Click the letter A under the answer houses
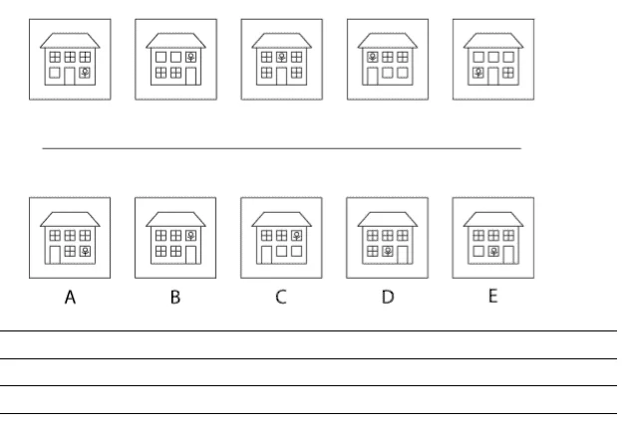coord(70,297)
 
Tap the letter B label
coord(175,297)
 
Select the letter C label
coord(281,297)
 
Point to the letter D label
coord(388,297)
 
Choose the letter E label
coord(493,296)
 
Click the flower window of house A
coord(85,251)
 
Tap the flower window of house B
coord(191,235)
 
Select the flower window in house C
coord(297,235)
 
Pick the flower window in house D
coord(388,251)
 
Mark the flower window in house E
coord(493,251)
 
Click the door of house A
coord(55,255)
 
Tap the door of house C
coord(266,255)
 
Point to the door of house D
coord(403,255)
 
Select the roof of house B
coord(175,219)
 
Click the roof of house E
coord(493,219)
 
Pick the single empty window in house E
coord(478,251)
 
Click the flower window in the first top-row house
coord(85,73)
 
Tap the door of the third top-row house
coord(281,76)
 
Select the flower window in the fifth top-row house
coord(478,73)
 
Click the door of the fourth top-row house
coord(372,76)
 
